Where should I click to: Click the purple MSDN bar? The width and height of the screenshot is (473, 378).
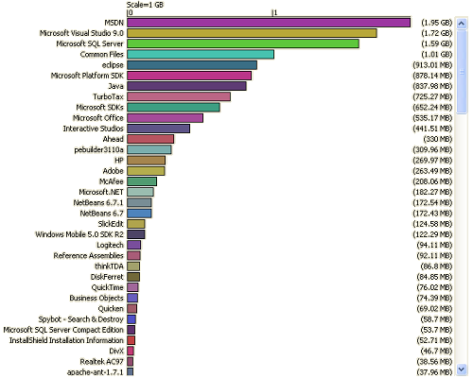coord(269,23)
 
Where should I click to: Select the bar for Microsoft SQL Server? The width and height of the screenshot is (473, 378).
coord(243,43)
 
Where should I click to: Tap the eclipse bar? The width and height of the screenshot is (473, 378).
coord(192,65)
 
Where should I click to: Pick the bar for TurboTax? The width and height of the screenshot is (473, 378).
coord(179,96)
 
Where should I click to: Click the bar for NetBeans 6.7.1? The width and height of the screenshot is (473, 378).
coord(139,202)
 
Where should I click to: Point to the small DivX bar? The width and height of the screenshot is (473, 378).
coord(131,351)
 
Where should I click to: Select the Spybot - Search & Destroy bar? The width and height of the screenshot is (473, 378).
coord(131,319)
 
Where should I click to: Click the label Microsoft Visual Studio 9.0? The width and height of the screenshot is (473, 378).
coord(81,33)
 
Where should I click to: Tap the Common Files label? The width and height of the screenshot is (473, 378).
coord(102,55)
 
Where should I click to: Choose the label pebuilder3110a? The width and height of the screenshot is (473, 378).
coord(99,149)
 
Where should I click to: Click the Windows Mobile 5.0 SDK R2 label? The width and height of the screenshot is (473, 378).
coord(79,234)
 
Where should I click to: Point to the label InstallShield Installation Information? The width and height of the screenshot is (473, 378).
coord(66,340)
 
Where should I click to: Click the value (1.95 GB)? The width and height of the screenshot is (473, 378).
coord(437,23)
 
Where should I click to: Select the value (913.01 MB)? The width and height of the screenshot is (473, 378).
coord(432,65)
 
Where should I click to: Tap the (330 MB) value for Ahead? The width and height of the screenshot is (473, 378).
coord(438,139)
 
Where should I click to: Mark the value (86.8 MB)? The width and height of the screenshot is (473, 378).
coord(436,266)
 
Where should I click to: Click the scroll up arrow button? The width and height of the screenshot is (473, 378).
coord(462,24)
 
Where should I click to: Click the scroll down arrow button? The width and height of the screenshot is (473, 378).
coord(462,369)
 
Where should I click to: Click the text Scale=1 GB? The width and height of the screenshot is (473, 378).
coord(145,5)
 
